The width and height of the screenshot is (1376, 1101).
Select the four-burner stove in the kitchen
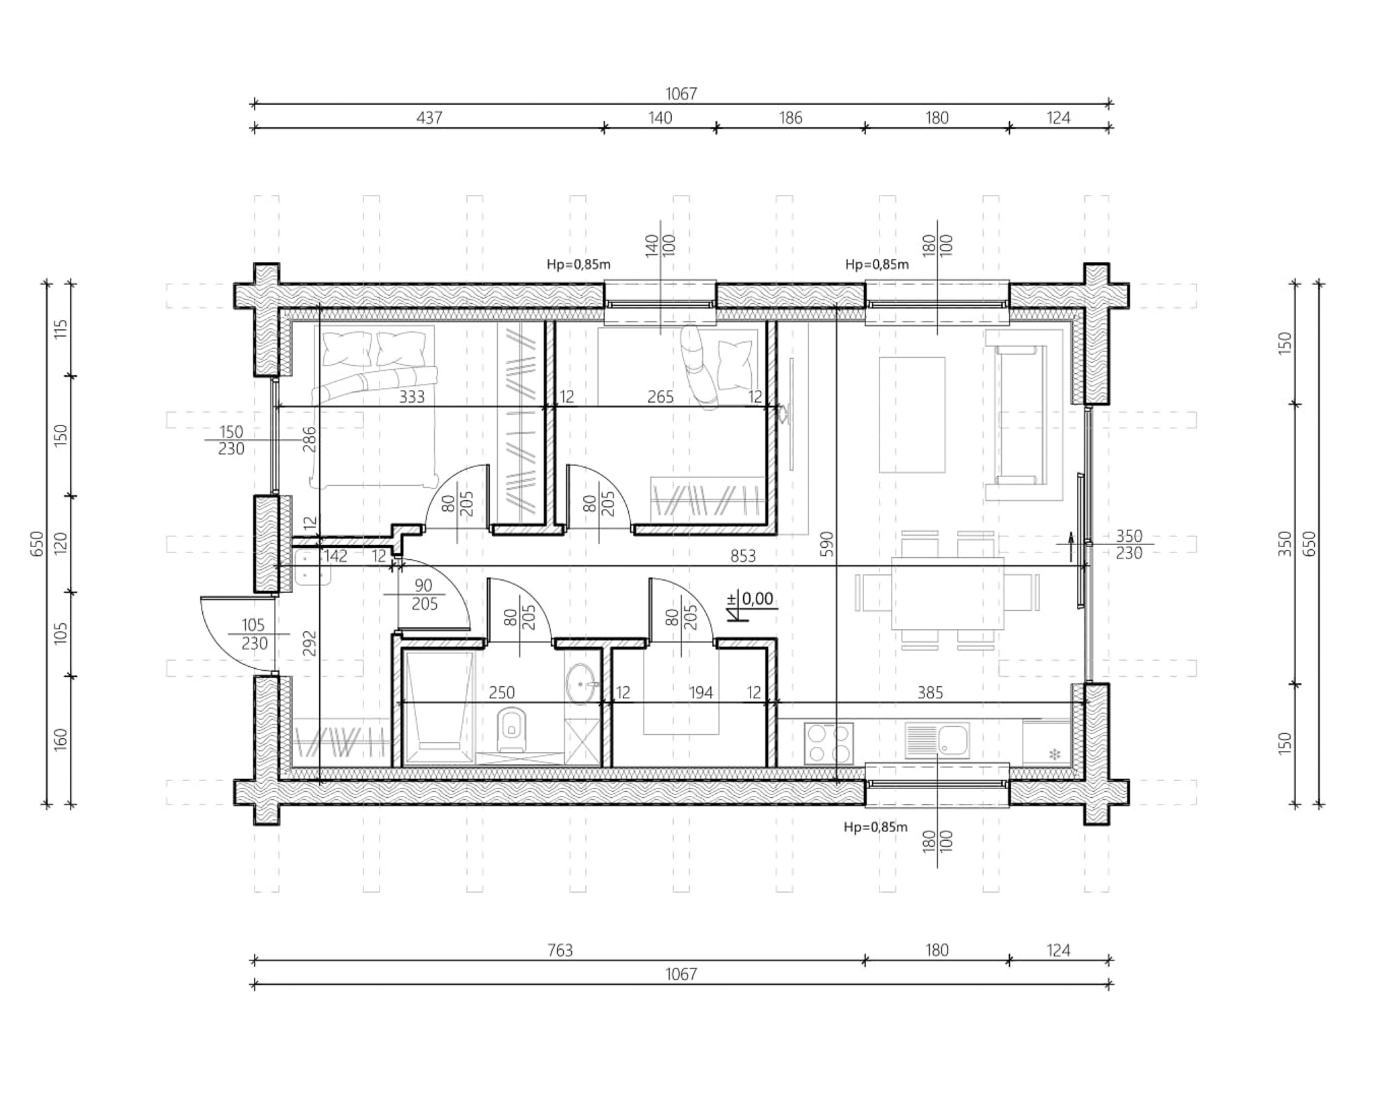pos(829,743)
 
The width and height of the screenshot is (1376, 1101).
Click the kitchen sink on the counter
pos(937,741)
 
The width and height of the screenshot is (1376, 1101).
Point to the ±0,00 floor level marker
pos(751,603)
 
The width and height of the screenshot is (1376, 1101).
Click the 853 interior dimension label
pos(743,556)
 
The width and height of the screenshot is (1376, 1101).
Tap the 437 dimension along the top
pos(429,118)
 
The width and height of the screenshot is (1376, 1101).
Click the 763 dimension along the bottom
pos(560,950)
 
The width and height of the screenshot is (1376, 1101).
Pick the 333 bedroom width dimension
pos(412,397)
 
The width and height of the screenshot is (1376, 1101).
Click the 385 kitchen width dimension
pos(931,692)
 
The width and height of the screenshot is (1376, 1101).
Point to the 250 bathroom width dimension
pos(502,692)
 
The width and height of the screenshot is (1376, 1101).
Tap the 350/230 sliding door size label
pos(1129,544)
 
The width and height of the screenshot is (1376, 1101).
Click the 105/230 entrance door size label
pos(254,634)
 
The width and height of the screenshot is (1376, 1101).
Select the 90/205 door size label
pos(424,595)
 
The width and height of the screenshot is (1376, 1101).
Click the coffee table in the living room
pos(912,415)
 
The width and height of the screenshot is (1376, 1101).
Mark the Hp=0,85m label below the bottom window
pos(875,827)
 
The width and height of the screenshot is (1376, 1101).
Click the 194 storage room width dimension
pos(701,692)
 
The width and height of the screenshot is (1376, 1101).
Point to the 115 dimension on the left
pos(61,329)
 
